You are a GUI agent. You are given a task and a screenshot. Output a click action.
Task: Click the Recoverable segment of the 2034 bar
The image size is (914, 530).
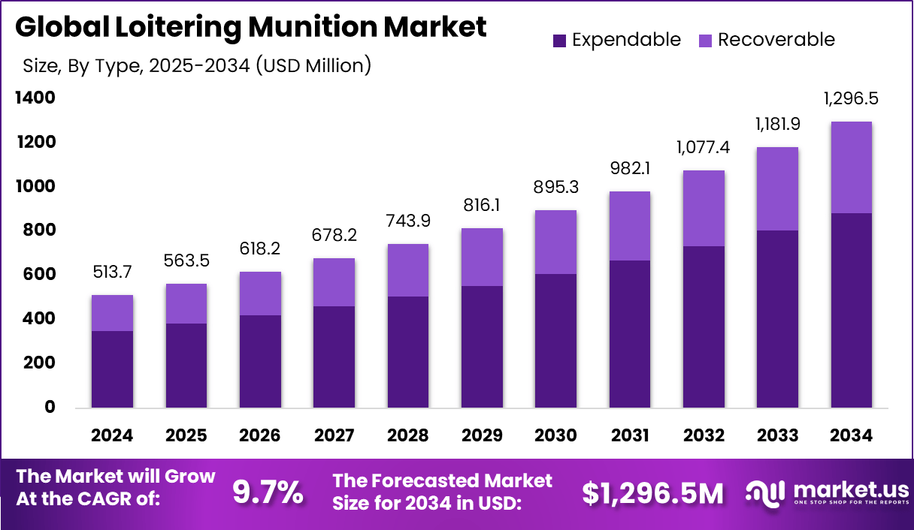coord(851,167)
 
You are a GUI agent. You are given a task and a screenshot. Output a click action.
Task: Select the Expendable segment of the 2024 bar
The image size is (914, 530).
coord(112,369)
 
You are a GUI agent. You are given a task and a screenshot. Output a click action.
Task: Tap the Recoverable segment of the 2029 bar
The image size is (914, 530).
coord(482,257)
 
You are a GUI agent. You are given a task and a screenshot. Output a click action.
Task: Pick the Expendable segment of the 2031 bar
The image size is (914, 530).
coord(629,334)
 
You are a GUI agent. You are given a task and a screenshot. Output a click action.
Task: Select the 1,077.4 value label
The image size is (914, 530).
coord(703,146)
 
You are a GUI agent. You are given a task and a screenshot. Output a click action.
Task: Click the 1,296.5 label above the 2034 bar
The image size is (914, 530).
coord(851,98)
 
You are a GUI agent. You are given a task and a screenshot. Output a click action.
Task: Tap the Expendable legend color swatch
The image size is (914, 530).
coord(559,40)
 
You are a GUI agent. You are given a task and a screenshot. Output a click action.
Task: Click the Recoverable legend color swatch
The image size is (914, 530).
coord(704,40)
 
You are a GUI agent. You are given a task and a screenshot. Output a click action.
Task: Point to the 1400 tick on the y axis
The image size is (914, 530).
coord(35,98)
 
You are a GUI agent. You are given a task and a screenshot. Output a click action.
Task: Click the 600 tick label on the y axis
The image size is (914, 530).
coord(39,275)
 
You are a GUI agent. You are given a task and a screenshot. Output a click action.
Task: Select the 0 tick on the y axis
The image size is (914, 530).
coord(50,407)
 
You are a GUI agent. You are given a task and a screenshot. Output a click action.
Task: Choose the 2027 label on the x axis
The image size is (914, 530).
coord(334,435)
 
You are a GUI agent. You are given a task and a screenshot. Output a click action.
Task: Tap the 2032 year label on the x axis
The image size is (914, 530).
coord(704,435)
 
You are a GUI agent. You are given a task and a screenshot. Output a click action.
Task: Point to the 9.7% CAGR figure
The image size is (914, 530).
coord(268,492)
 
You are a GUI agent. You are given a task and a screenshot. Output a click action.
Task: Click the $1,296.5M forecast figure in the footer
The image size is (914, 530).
coord(653,492)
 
